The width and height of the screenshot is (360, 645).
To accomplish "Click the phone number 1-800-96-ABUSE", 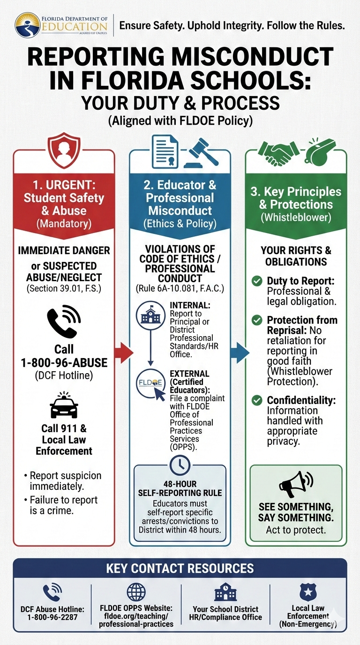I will pyautogui.click(x=64, y=363).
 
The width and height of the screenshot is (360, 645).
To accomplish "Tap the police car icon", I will pyautogui.click(x=64, y=406).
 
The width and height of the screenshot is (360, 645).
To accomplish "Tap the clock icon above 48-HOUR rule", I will pyautogui.click(x=180, y=465).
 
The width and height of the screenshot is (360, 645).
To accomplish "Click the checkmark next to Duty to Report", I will pyautogui.click(x=256, y=281).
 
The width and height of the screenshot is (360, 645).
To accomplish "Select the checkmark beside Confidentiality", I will pyautogui.click(x=256, y=401).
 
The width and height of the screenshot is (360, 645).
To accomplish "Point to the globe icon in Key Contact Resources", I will pyautogui.click(x=137, y=592).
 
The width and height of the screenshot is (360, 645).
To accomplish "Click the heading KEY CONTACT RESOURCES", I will pyautogui.click(x=180, y=569).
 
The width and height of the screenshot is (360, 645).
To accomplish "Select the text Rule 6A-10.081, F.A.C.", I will pyautogui.click(x=180, y=289).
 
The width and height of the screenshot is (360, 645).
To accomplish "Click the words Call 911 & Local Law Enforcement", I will pyautogui.click(x=64, y=440).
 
